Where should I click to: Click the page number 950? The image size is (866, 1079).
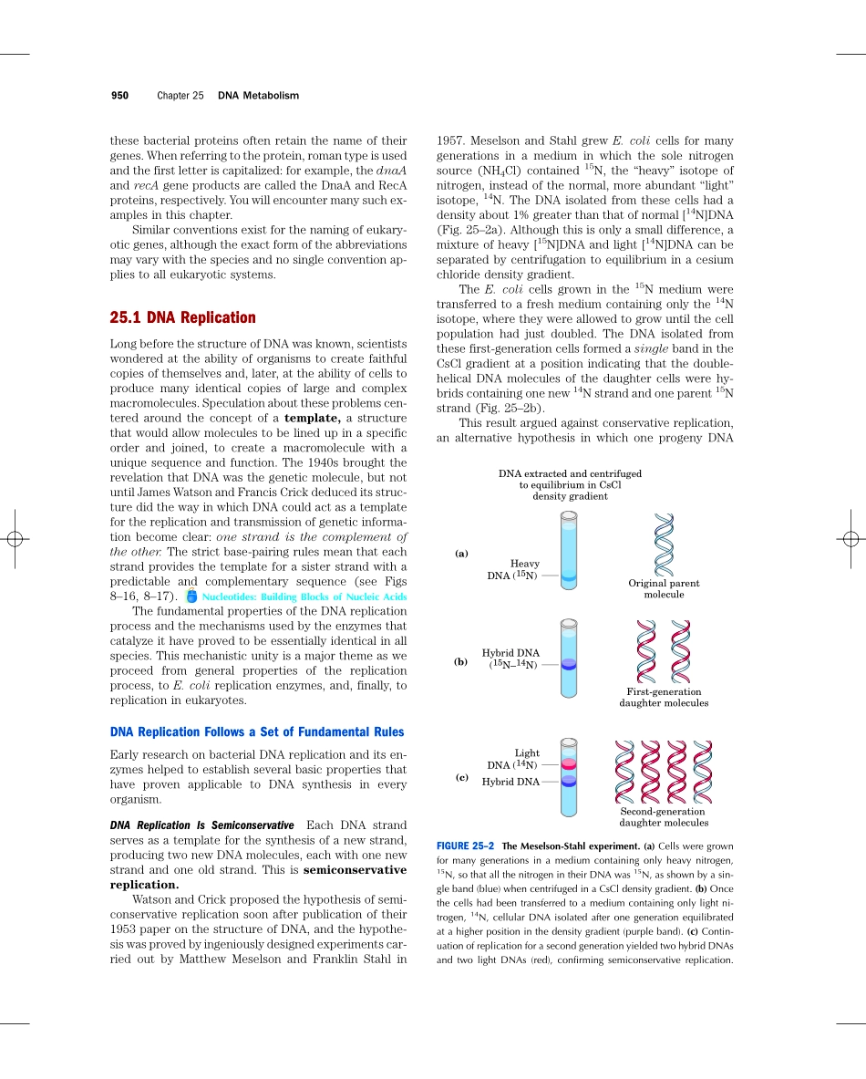[119, 96]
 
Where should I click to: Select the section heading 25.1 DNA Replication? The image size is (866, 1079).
[182, 317]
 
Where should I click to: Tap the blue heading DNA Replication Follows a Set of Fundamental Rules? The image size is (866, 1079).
[256, 731]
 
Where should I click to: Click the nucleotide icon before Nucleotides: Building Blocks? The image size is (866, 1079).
[191, 597]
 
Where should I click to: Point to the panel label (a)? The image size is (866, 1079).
[462, 554]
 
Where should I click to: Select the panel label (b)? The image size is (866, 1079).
[462, 662]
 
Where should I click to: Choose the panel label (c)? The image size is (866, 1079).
[462, 778]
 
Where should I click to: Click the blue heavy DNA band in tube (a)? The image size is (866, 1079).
[569, 576]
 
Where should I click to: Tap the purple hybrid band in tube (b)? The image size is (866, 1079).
[569, 664]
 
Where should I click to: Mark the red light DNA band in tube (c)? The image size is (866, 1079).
[569, 763]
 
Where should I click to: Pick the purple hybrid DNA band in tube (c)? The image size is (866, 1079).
[569, 781]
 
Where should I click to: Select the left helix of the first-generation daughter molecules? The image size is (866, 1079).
[645, 651]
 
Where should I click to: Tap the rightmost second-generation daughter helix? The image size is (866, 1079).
[702, 771]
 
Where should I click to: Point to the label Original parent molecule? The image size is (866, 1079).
[664, 588]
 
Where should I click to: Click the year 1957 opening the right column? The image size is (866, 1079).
[451, 141]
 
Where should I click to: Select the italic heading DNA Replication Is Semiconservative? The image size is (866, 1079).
[201, 825]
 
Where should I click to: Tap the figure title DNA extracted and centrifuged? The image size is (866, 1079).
[570, 474]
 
